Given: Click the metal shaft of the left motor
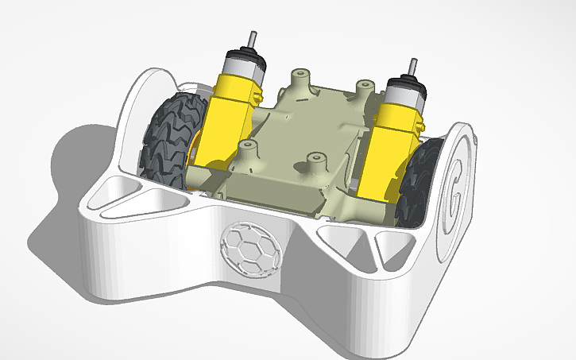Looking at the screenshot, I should (x=252, y=39).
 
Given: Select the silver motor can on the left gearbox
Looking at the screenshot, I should (x=242, y=64).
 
